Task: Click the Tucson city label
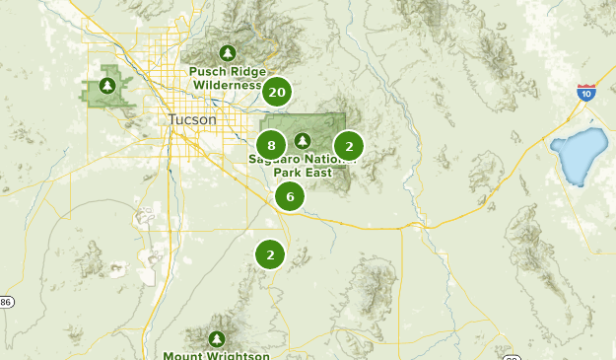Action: click(190, 119)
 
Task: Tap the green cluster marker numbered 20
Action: click(277, 92)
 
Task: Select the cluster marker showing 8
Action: click(271, 146)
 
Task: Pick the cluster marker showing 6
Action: click(290, 196)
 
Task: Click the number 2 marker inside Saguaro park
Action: click(348, 146)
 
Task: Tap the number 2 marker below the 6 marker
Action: click(270, 254)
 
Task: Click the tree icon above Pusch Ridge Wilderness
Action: click(228, 52)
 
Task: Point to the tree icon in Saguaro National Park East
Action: click(303, 140)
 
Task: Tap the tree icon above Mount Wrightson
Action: click(217, 336)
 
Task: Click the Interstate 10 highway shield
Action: click(586, 92)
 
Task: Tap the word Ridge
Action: click(246, 71)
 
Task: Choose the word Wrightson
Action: click(237, 355)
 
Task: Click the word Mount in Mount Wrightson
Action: click(182, 355)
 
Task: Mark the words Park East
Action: click(302, 173)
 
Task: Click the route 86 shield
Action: click(5, 301)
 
